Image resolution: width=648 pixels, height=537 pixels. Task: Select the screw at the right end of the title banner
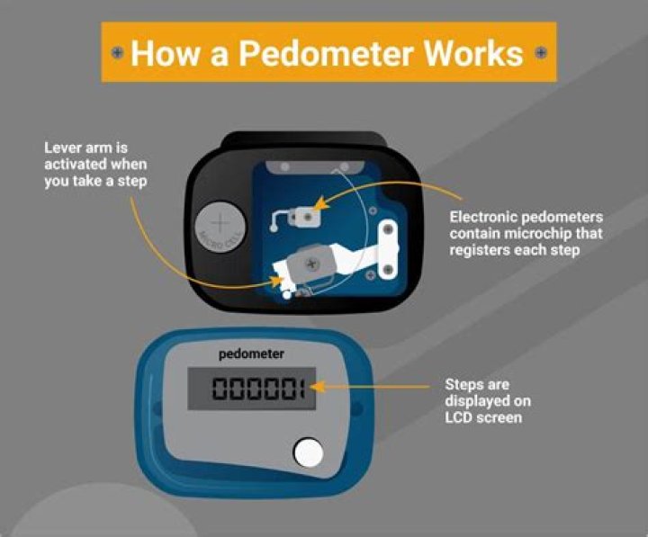tap(540, 52)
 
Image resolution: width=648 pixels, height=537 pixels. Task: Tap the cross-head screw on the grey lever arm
tap(312, 264)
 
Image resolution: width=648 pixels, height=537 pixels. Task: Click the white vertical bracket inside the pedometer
tap(389, 246)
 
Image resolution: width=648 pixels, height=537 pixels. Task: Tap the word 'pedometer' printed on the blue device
tap(251, 354)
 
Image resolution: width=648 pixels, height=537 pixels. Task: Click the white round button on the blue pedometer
tap(309, 452)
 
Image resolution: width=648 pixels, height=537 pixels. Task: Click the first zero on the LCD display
tap(220, 389)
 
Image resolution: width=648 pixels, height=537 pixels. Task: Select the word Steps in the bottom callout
tap(464, 384)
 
